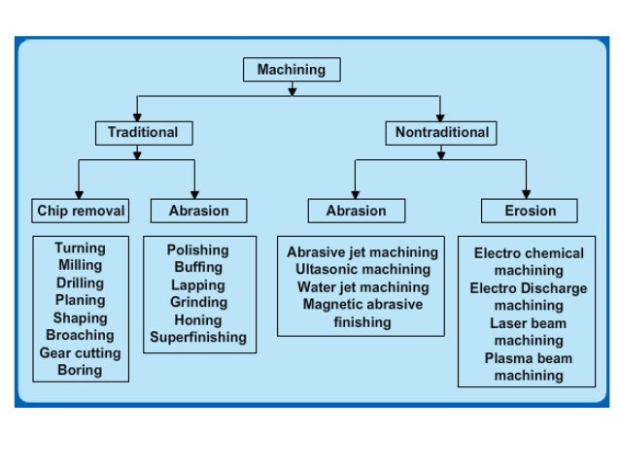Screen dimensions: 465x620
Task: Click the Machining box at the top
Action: [x=291, y=70]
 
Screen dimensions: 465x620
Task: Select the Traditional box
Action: [x=143, y=132]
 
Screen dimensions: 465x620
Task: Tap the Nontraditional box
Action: [x=442, y=132]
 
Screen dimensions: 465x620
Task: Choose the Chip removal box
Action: [x=81, y=211]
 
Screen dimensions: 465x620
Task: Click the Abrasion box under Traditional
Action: [x=199, y=211]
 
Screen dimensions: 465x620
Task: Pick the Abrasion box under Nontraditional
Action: [x=356, y=211]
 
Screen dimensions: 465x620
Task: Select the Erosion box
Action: [x=530, y=211]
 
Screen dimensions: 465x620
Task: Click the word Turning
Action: [x=80, y=249]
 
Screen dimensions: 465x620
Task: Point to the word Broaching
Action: [x=80, y=335]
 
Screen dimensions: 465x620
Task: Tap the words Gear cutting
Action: [x=80, y=352]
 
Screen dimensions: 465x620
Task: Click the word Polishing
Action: [x=198, y=250]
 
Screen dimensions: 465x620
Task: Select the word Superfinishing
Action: [x=198, y=338]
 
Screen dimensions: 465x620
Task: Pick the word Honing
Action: [x=198, y=320]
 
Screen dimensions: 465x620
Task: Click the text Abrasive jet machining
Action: [x=362, y=251]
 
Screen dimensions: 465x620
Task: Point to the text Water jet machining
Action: [x=362, y=287]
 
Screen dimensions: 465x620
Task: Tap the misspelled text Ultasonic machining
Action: [x=362, y=269]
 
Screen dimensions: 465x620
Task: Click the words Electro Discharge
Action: [x=528, y=288]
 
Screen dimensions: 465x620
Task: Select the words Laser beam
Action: [x=528, y=323]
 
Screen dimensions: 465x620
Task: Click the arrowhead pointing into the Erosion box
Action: [x=527, y=193]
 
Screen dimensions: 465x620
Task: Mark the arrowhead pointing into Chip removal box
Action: [x=79, y=193]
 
